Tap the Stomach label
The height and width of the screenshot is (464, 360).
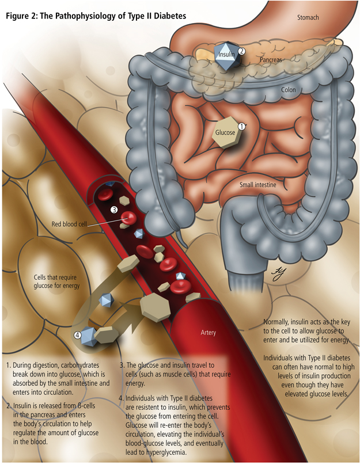tap(308, 18)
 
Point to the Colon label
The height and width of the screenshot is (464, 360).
tap(289, 90)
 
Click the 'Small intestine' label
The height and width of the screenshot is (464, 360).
tap(258, 185)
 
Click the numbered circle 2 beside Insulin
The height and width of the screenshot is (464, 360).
tap(242, 51)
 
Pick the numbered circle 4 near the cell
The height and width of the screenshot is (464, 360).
tap(78, 334)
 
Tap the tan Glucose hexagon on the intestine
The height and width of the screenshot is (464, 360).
tap(225, 132)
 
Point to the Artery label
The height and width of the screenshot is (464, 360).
tap(208, 333)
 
